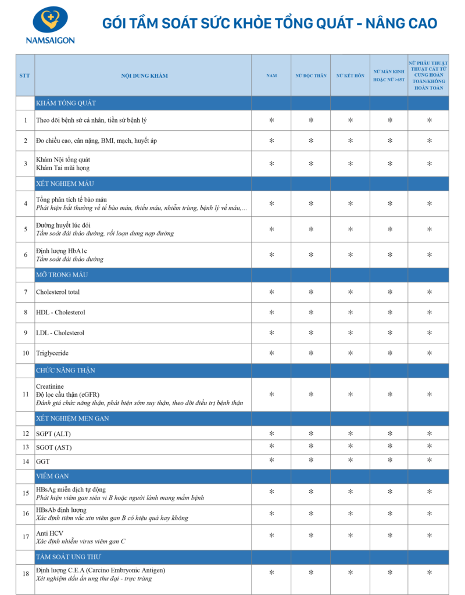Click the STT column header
tap(25, 76)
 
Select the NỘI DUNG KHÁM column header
tap(143, 76)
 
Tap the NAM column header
tap(271, 76)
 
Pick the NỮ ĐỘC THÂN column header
tap(311, 76)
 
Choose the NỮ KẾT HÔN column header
tap(350, 76)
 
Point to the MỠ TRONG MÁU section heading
tap(62, 274)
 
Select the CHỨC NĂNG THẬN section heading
tap(65, 370)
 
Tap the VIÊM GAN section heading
tap(52, 476)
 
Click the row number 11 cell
tap(25, 395)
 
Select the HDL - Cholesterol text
tap(60, 312)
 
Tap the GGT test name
tap(42, 461)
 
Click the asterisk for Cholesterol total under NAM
tap(271, 292)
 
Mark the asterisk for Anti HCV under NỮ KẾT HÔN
tap(350, 536)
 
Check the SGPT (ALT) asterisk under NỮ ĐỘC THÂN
tap(311, 433)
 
